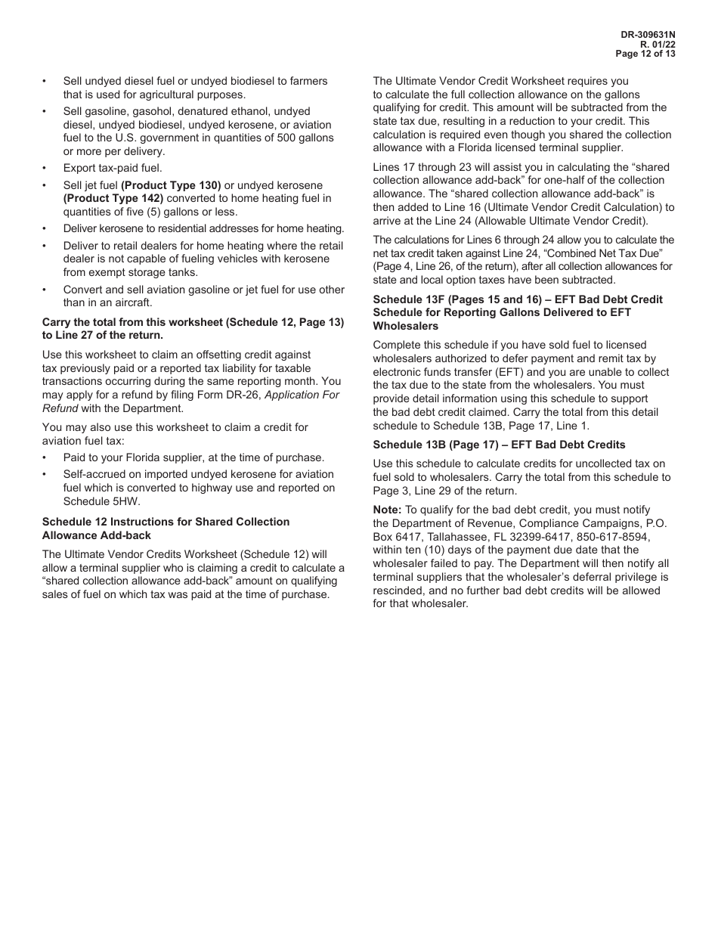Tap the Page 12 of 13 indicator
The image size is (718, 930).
coord(645,54)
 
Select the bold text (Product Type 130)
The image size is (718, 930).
coord(171,185)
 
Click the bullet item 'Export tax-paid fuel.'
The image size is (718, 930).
coord(113,168)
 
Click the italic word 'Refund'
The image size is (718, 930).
coord(60,408)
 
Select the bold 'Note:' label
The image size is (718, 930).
coord(387,510)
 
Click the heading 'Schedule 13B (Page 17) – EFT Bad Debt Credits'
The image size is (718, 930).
coord(499,444)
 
